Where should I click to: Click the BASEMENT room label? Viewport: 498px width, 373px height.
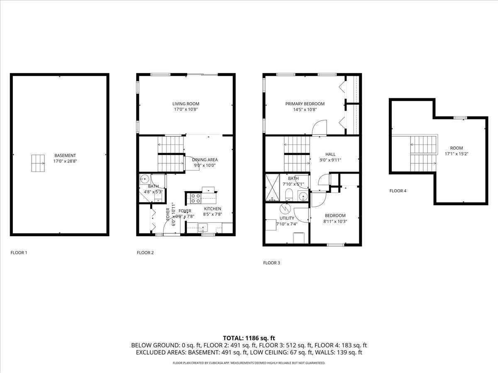65,155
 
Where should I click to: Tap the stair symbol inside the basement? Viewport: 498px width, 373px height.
38,163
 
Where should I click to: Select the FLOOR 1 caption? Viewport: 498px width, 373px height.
19,252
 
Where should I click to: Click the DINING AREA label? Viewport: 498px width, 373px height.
205,160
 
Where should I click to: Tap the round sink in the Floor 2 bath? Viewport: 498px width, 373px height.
144,179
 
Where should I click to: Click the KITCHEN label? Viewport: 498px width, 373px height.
212,209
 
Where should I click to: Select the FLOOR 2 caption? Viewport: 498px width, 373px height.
145,252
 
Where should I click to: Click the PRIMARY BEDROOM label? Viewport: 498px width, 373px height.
305,104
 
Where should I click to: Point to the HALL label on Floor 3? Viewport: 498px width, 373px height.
330,154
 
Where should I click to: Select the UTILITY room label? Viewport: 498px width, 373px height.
287,218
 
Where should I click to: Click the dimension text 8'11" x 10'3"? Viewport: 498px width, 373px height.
335,221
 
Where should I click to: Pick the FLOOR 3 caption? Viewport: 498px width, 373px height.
271,263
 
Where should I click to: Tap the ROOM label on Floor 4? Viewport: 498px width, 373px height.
456,148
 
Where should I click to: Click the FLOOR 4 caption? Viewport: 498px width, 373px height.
398,191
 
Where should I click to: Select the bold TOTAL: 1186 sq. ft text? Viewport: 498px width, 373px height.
249,338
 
